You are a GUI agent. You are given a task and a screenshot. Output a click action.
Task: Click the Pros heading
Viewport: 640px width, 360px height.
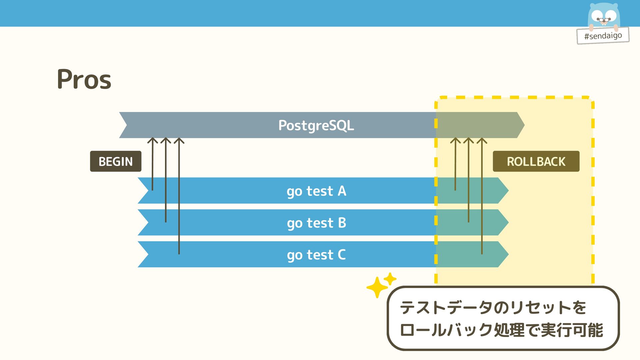pyautogui.click(x=84, y=79)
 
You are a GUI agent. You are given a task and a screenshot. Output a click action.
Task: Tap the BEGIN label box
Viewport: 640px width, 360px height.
pyautogui.click(x=116, y=161)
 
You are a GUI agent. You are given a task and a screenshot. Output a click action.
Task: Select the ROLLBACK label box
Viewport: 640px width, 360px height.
pyautogui.click(x=536, y=161)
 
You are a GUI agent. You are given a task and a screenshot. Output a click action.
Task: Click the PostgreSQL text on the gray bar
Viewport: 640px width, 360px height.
pyautogui.click(x=316, y=125)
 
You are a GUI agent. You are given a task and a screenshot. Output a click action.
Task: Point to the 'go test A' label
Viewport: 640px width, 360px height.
pyautogui.click(x=316, y=191)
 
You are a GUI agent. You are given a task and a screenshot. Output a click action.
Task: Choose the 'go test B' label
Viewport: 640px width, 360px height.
pyautogui.click(x=316, y=223)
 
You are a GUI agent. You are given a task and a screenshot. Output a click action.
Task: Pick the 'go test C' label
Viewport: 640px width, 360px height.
pyautogui.click(x=316, y=255)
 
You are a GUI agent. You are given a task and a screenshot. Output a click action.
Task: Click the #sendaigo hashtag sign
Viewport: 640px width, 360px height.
pyautogui.click(x=603, y=35)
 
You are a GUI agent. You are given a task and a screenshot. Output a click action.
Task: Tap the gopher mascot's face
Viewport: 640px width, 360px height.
pyautogui.click(x=604, y=16)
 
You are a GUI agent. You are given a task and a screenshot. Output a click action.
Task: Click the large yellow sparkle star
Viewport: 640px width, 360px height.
pyautogui.click(x=377, y=287)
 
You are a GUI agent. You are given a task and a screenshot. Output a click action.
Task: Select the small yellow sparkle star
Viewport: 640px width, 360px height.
pyautogui.click(x=390, y=279)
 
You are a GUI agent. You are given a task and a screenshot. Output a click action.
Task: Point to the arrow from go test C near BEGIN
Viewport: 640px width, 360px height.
pyautogui.click(x=179, y=200)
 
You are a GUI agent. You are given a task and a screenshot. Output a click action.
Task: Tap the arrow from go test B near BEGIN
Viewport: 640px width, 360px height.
pyautogui.click(x=166, y=183)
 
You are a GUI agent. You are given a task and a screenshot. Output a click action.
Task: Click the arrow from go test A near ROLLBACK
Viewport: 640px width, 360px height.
pyautogui.click(x=455, y=167)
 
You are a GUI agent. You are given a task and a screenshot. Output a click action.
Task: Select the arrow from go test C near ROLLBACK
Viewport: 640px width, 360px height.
pyautogui.click(x=482, y=200)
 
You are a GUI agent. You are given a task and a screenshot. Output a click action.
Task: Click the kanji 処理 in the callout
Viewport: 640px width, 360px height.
pyautogui.click(x=509, y=330)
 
